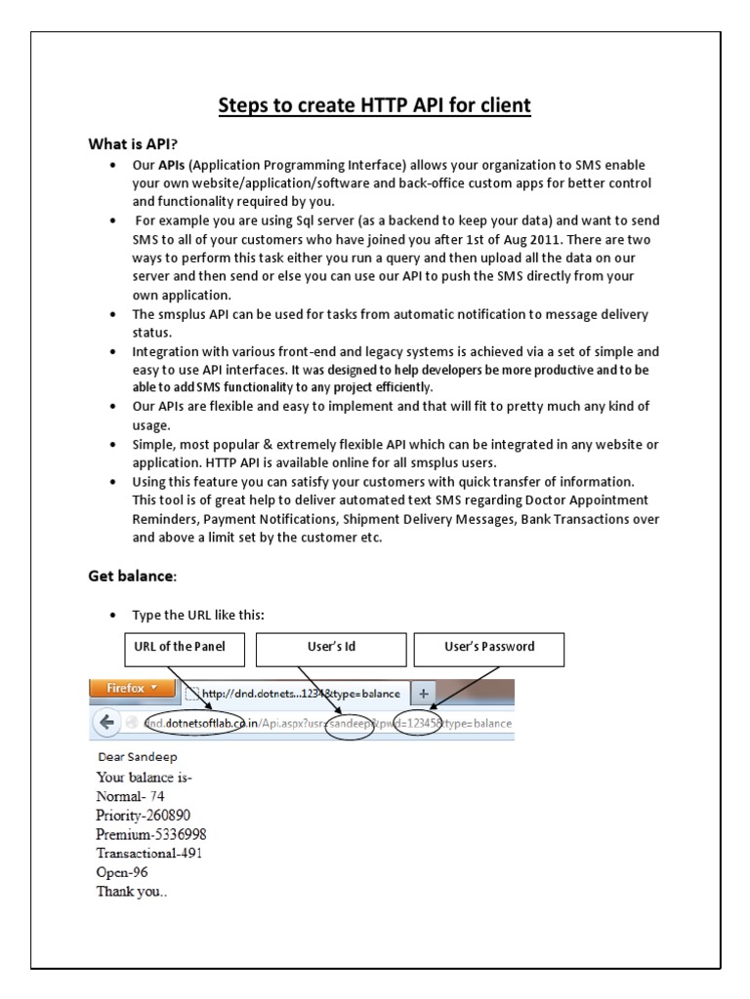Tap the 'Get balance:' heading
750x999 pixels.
pos(133,577)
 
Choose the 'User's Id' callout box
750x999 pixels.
pos(331,647)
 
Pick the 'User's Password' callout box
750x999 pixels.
pos(489,647)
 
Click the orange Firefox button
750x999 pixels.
pos(130,689)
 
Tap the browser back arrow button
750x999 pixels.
pos(105,723)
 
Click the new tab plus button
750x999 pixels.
pos(424,693)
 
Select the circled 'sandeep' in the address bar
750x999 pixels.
pos(350,724)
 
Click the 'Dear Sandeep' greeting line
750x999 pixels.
pos(138,756)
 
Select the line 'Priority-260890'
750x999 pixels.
pos(143,815)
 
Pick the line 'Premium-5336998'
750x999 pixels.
pos(150,834)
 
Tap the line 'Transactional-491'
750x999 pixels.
pos(149,853)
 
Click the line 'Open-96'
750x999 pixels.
pos(121,872)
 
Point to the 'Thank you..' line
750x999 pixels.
pos(132,891)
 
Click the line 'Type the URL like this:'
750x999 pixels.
pos(198,615)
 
